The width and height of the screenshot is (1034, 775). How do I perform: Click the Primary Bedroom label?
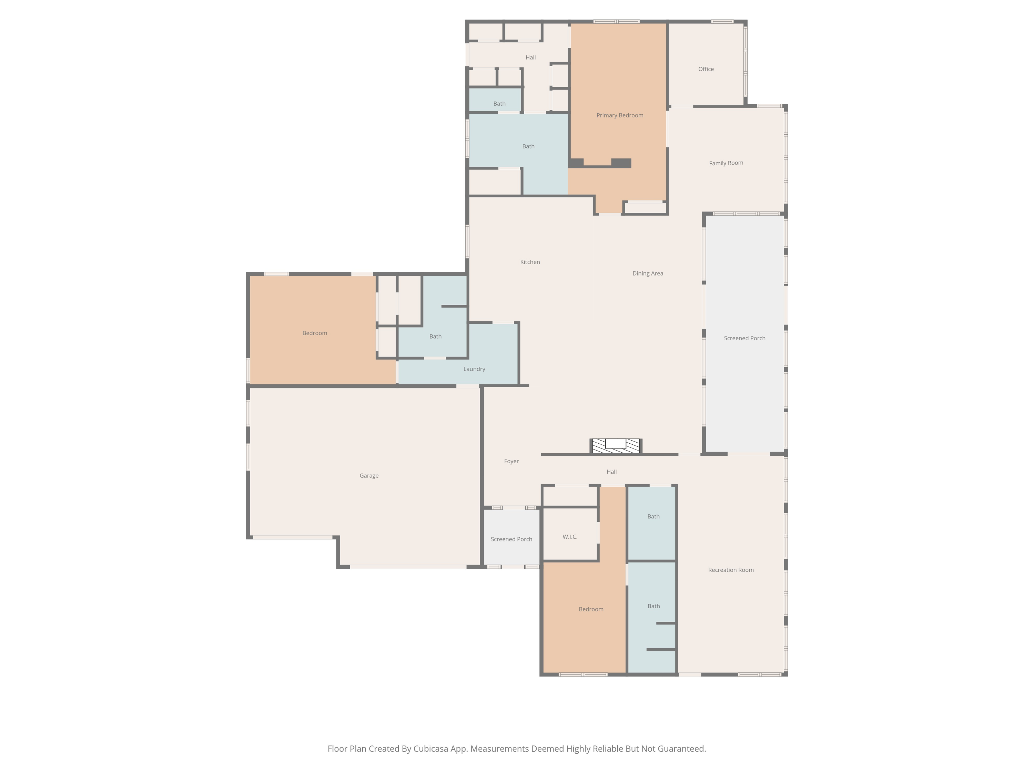(x=619, y=115)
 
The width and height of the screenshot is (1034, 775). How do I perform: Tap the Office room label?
(x=706, y=69)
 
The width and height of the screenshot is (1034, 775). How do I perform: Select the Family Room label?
(x=726, y=163)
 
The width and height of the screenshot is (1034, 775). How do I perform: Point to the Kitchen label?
(x=530, y=262)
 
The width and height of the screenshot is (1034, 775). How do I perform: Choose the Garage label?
(x=369, y=476)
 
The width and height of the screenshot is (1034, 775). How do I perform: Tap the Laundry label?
(x=474, y=369)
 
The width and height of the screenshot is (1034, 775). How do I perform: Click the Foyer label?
(x=511, y=461)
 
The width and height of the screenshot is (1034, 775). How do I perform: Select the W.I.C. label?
(x=570, y=537)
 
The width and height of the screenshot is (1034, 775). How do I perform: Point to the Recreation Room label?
(x=731, y=570)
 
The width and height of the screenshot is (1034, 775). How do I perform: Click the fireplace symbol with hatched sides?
(x=616, y=446)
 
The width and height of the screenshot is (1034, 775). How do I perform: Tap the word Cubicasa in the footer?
(x=430, y=749)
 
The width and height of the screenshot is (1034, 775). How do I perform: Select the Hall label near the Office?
(x=530, y=58)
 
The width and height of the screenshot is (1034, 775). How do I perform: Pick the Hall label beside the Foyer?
(x=611, y=472)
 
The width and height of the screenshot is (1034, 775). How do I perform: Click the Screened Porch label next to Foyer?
(x=511, y=539)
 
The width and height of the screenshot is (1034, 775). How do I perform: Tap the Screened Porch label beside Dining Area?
(x=744, y=338)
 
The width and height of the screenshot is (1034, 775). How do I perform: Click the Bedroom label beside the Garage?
(x=315, y=333)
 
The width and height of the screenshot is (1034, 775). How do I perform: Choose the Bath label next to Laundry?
(x=435, y=336)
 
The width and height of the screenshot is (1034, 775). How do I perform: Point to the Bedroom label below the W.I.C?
(x=591, y=609)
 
